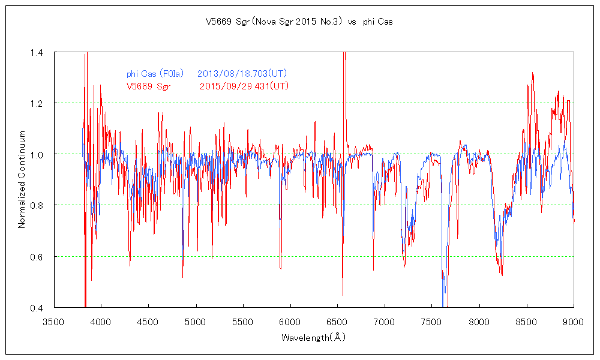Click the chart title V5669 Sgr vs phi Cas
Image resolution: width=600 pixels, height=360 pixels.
click(x=299, y=22)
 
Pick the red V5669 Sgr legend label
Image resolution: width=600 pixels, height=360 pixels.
click(x=148, y=86)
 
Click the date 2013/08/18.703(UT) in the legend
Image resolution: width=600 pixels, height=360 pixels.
click(x=242, y=74)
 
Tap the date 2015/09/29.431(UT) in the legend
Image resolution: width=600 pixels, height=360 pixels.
click(x=244, y=86)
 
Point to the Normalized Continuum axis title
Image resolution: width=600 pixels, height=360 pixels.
click(x=22, y=179)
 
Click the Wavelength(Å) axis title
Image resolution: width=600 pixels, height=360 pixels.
click(x=314, y=338)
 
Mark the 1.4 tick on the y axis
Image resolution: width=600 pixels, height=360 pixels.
click(x=36, y=53)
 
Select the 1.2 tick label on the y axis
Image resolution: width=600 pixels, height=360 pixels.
click(x=36, y=103)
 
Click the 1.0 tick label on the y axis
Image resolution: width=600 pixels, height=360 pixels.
click(x=36, y=155)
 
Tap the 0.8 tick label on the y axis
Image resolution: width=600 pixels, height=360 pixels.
click(x=36, y=206)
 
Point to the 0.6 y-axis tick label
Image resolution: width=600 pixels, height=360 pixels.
click(x=36, y=257)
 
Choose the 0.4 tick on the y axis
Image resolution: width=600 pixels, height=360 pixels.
click(x=36, y=308)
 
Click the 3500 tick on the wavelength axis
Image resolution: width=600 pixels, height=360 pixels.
click(x=53, y=322)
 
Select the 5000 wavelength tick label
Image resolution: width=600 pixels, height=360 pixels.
click(x=196, y=322)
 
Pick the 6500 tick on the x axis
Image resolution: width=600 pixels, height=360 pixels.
click(x=337, y=322)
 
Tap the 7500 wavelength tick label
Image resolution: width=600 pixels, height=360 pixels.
click(x=432, y=322)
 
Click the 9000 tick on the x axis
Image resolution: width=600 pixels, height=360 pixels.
click(x=574, y=322)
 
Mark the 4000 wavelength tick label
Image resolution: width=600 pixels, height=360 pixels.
click(x=101, y=322)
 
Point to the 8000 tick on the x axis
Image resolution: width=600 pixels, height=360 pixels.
click(x=479, y=322)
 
